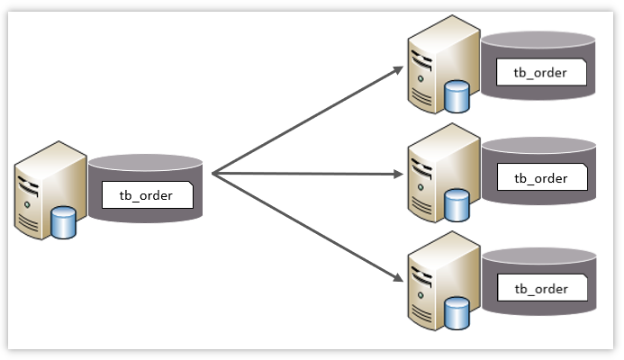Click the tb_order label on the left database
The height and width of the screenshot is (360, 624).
coord(146,195)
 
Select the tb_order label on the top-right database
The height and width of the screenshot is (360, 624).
coord(540,73)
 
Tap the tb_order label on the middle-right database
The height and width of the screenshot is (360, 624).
coord(541,178)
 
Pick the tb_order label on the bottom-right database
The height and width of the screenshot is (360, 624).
coord(541,289)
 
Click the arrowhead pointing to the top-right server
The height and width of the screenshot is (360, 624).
coord(398,70)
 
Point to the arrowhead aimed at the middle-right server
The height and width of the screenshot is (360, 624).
coord(398,174)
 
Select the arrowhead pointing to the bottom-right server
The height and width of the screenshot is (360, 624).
coord(398,277)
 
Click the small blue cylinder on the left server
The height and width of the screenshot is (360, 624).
coord(63,222)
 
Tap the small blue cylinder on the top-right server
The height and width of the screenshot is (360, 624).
coord(457,96)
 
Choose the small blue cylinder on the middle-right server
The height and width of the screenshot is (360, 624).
coord(457,205)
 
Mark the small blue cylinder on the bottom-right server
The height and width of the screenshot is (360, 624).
coord(457,313)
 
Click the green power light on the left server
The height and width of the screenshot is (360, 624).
coord(27,204)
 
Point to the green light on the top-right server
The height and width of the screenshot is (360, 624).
coord(421,79)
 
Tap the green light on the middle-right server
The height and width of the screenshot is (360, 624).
coord(421,187)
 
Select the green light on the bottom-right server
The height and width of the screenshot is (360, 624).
coord(421,295)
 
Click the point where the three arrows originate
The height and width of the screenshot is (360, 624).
coord(213,174)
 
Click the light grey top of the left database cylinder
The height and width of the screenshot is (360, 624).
coord(145,163)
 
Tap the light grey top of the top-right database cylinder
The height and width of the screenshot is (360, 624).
coord(538,40)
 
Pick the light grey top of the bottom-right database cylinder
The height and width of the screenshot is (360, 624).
coord(539,256)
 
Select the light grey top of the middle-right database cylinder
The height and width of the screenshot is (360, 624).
coord(538,146)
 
